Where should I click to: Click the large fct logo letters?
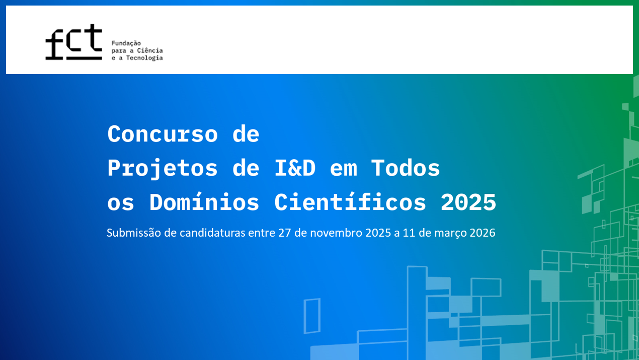click(73, 42)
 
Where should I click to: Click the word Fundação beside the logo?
click(126, 43)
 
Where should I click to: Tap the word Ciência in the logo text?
click(150, 50)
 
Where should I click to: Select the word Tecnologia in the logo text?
click(144, 58)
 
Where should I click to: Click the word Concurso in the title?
click(163, 134)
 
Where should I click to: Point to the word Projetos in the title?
click(163, 169)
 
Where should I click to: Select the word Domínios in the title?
click(204, 201)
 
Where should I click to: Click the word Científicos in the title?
click(350, 201)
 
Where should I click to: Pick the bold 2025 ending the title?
click(468, 202)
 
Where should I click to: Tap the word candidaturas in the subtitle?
click(212, 233)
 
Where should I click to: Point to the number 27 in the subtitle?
click(284, 233)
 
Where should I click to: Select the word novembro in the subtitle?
click(336, 233)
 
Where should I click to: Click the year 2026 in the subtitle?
click(483, 233)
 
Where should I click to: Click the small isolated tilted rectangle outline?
click(304, 316)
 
